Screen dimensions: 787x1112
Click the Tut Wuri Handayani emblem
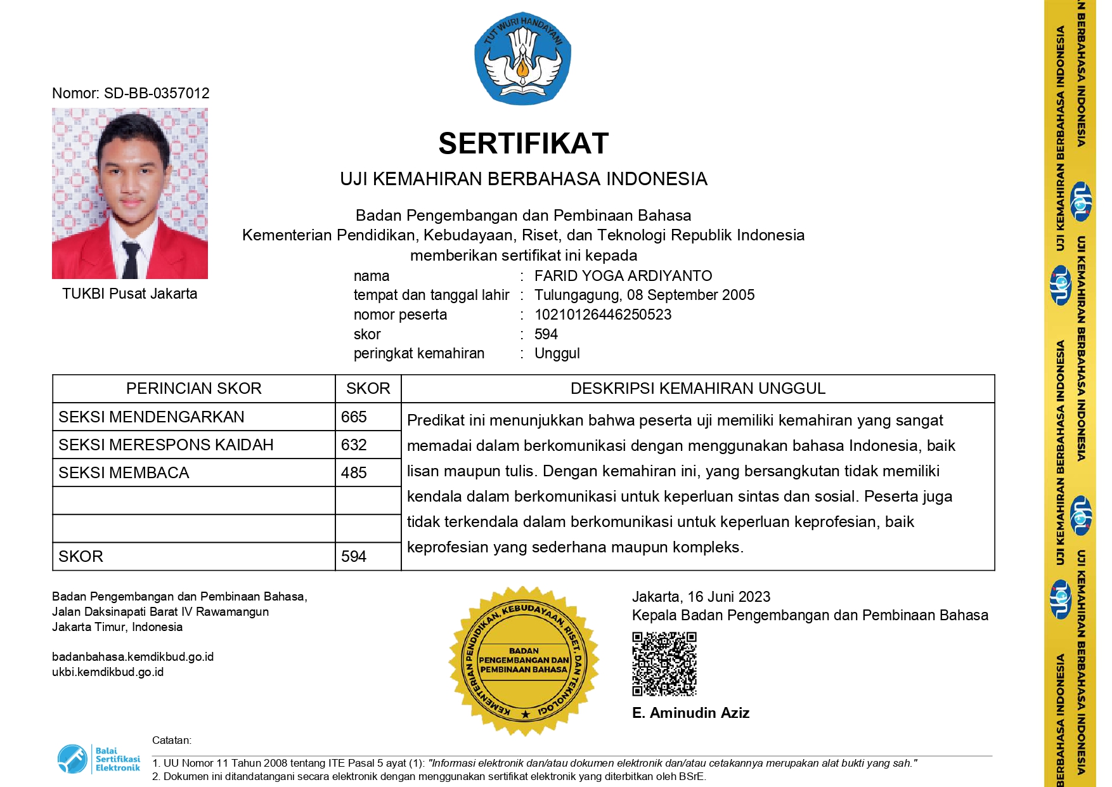(x=522, y=58)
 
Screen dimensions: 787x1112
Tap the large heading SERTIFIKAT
(x=523, y=143)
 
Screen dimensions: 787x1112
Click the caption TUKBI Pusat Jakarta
(x=129, y=294)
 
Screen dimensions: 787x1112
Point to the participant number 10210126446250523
(x=602, y=315)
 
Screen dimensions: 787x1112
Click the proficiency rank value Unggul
(x=557, y=353)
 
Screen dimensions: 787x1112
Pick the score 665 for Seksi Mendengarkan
(x=354, y=417)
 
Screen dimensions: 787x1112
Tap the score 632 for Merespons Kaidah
(x=354, y=445)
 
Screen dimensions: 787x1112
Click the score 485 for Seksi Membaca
(x=354, y=472)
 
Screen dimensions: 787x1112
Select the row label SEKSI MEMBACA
(x=124, y=472)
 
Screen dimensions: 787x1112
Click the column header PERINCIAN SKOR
(x=193, y=388)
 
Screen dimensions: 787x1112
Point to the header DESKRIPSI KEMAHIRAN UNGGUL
(x=697, y=388)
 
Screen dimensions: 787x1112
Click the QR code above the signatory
(x=664, y=663)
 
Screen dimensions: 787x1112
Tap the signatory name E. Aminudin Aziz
(x=690, y=713)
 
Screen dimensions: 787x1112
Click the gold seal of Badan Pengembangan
(x=524, y=661)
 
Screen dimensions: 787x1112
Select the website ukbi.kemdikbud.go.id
(x=108, y=672)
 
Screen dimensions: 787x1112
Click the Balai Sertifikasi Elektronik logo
(x=99, y=759)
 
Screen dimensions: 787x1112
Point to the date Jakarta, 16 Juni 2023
(x=701, y=597)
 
